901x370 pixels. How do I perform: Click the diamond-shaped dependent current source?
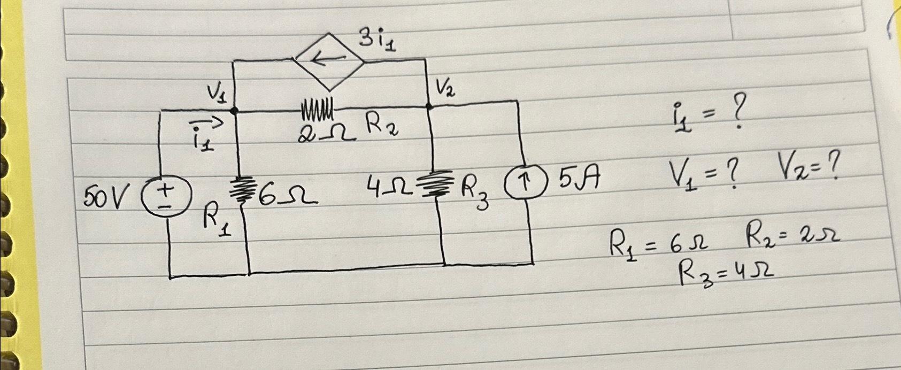pos(330,59)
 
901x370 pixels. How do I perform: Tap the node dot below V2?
pos(429,107)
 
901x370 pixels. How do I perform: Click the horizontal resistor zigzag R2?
pos(318,107)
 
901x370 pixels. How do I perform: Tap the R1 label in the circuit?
pos(219,221)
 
